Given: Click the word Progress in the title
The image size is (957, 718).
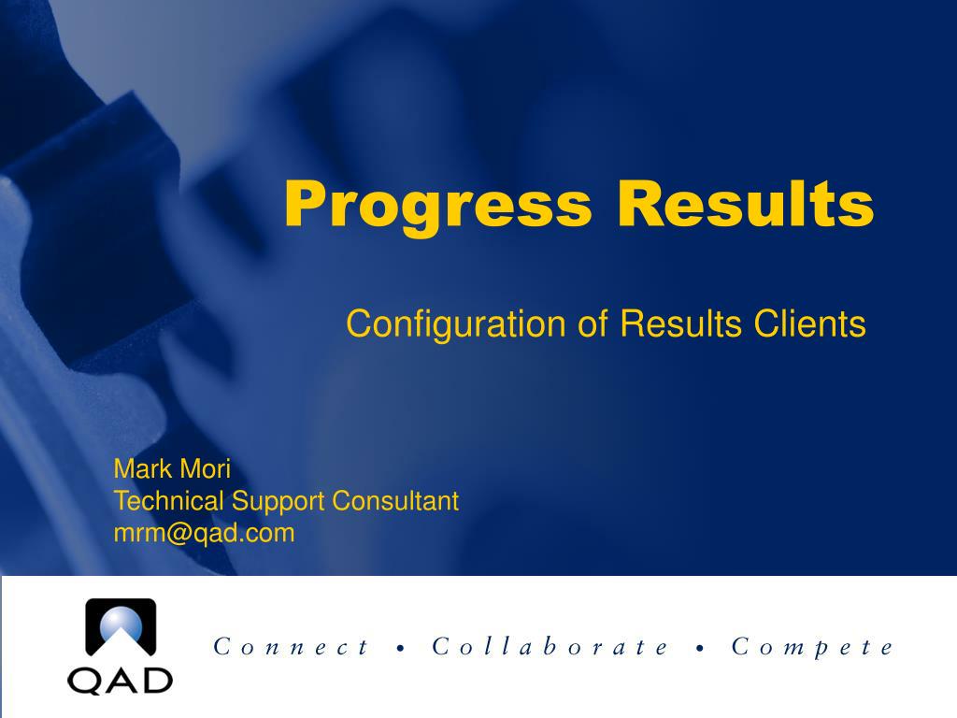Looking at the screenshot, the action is pos(438,207).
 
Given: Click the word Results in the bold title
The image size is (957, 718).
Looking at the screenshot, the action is pos(746,203).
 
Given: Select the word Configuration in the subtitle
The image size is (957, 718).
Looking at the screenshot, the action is pos(456,324).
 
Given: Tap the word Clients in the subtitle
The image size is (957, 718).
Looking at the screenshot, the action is pos(810,323).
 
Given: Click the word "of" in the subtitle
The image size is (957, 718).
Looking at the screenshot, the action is pos(593,323).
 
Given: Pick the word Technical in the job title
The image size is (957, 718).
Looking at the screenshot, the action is pos(167,501).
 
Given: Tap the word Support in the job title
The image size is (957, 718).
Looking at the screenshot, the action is pos(278,502).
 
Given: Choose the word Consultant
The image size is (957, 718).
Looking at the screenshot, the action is pos(395,501).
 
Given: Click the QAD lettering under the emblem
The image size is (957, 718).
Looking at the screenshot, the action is pos(120,681).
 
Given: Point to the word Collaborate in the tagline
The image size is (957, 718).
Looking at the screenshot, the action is pos(550,646).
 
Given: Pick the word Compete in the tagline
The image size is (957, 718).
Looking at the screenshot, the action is pos(812,647).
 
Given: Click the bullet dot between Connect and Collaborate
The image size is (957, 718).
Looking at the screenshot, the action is pos(400,649).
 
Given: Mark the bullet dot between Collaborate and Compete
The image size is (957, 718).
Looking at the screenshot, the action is pos(700,649).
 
